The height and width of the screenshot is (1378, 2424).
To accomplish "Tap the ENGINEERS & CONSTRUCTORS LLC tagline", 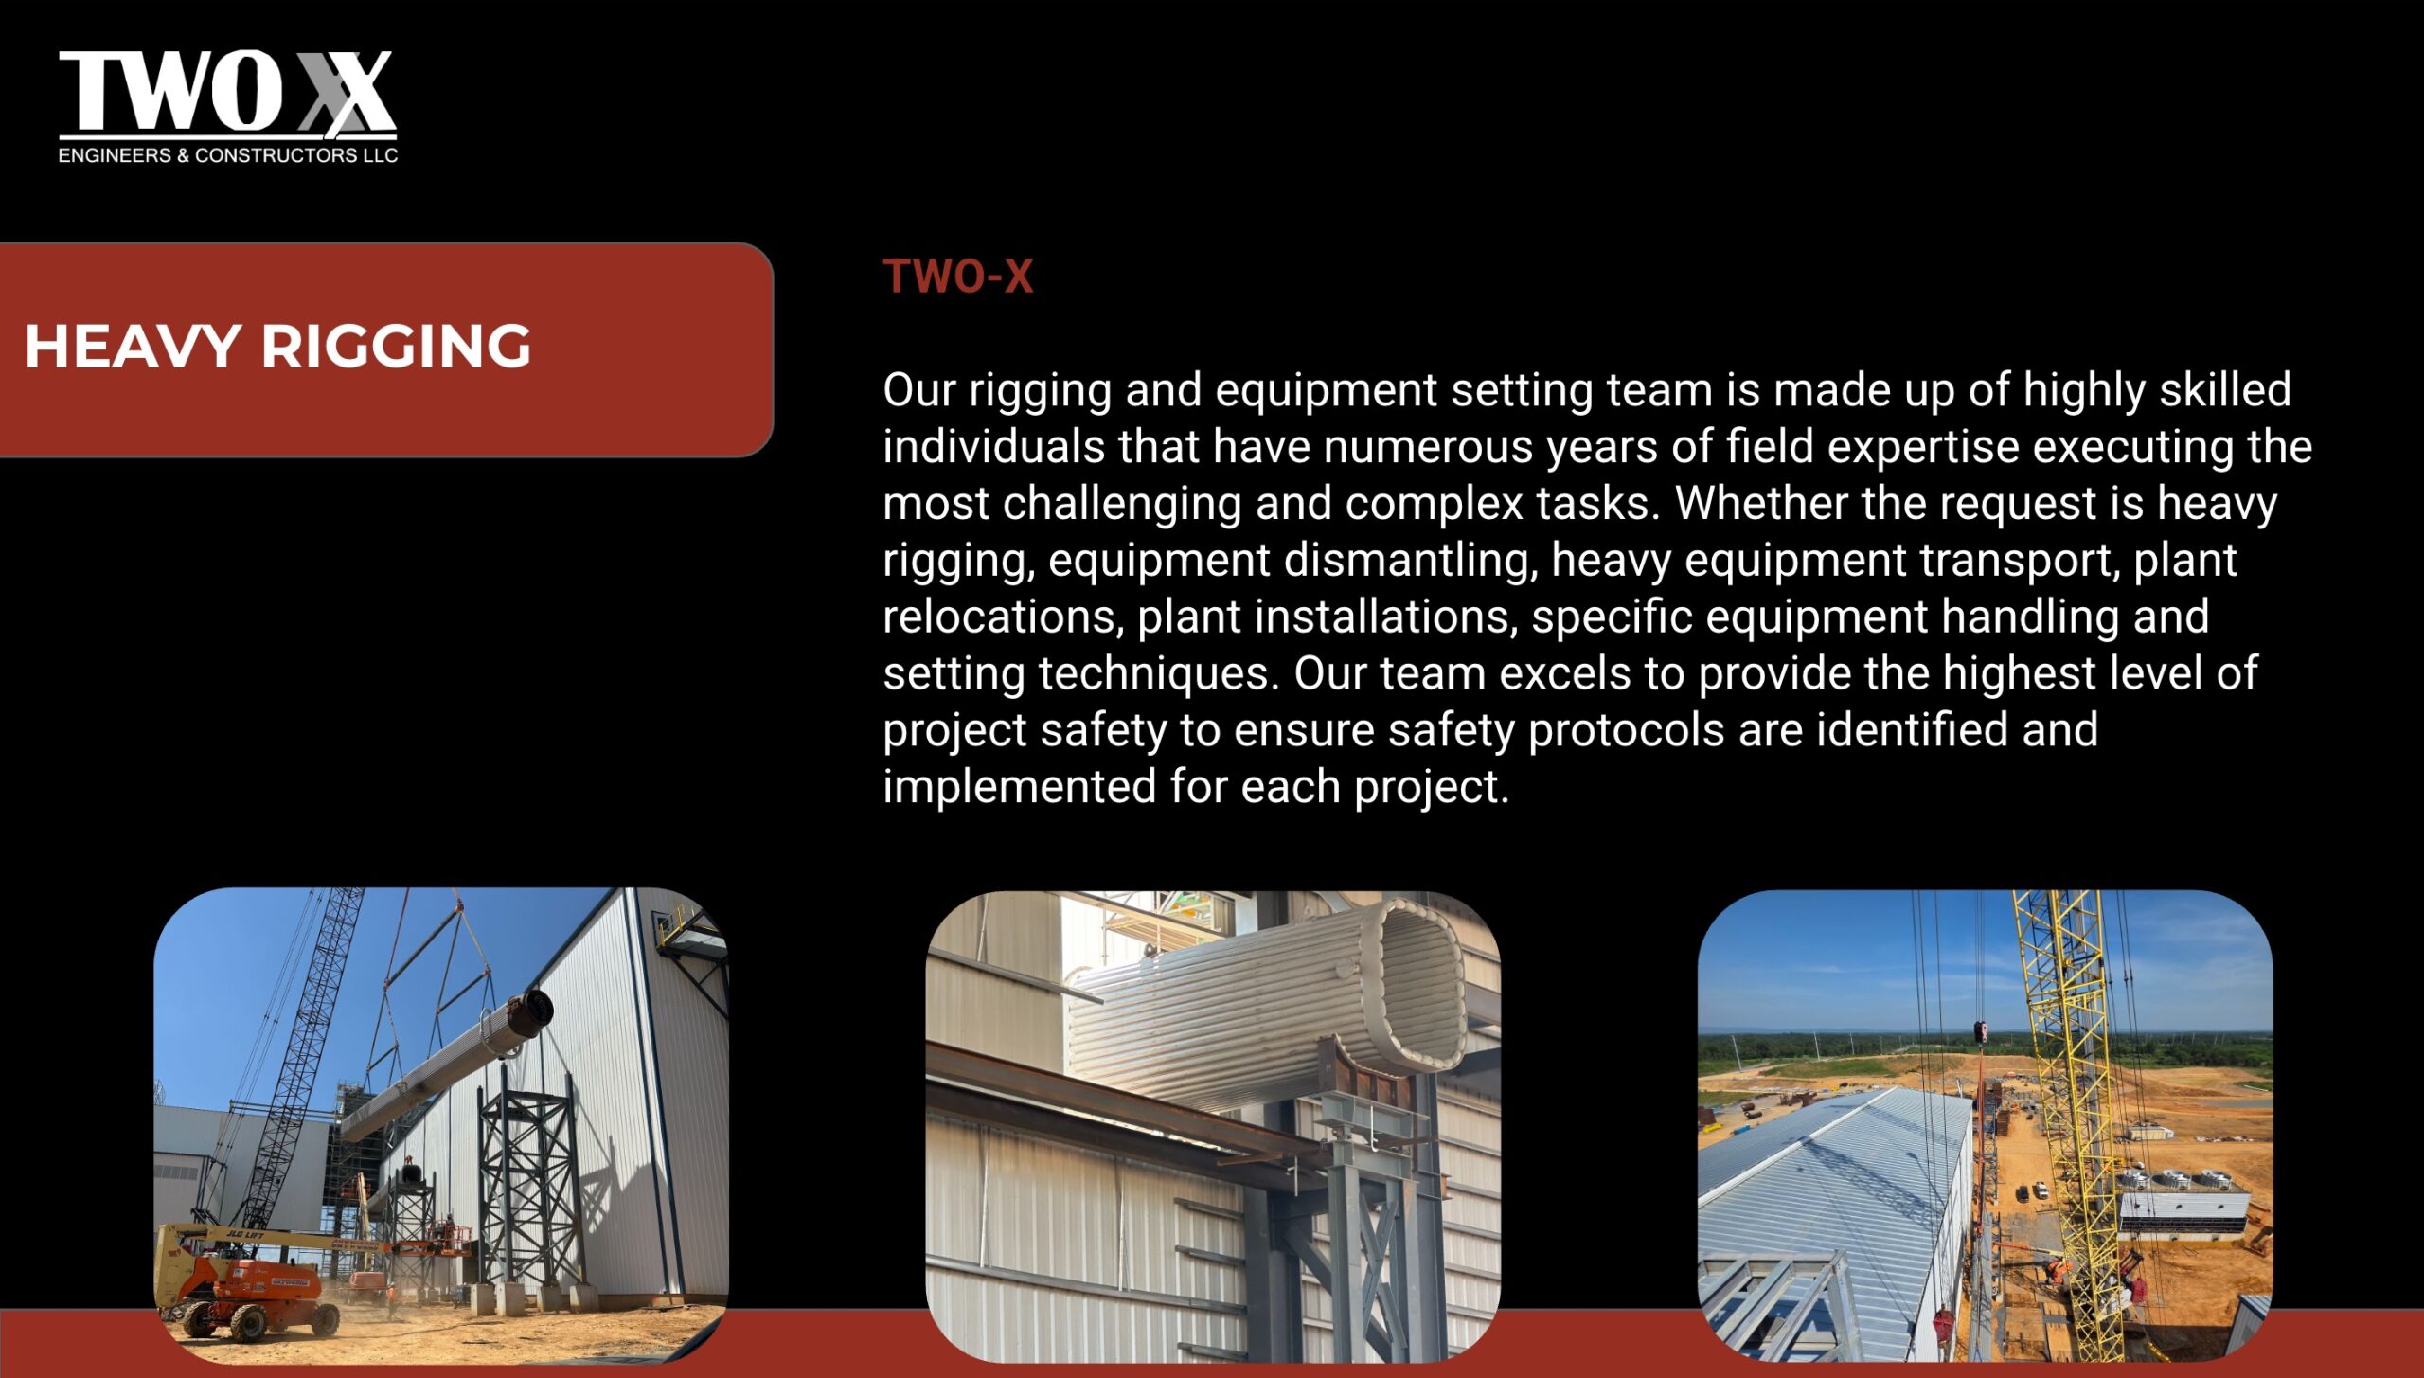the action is pyautogui.click(x=228, y=155).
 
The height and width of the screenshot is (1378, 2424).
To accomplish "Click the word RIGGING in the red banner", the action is pyautogui.click(x=396, y=346).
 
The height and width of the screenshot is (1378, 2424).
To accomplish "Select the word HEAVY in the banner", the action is pyautogui.click(x=133, y=346).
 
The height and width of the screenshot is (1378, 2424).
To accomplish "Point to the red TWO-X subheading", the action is pyautogui.click(x=958, y=277).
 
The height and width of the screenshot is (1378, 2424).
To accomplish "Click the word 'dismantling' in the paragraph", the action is pyautogui.click(x=1411, y=560).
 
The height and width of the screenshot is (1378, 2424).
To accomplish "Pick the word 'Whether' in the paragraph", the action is pyautogui.click(x=1761, y=503).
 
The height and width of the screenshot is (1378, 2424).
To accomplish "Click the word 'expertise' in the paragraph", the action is pyautogui.click(x=1923, y=447).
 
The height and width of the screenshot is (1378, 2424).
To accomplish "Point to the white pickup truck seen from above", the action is pyautogui.click(x=2041, y=1190).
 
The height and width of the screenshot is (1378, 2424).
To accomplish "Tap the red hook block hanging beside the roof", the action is pyautogui.click(x=1980, y=1031).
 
